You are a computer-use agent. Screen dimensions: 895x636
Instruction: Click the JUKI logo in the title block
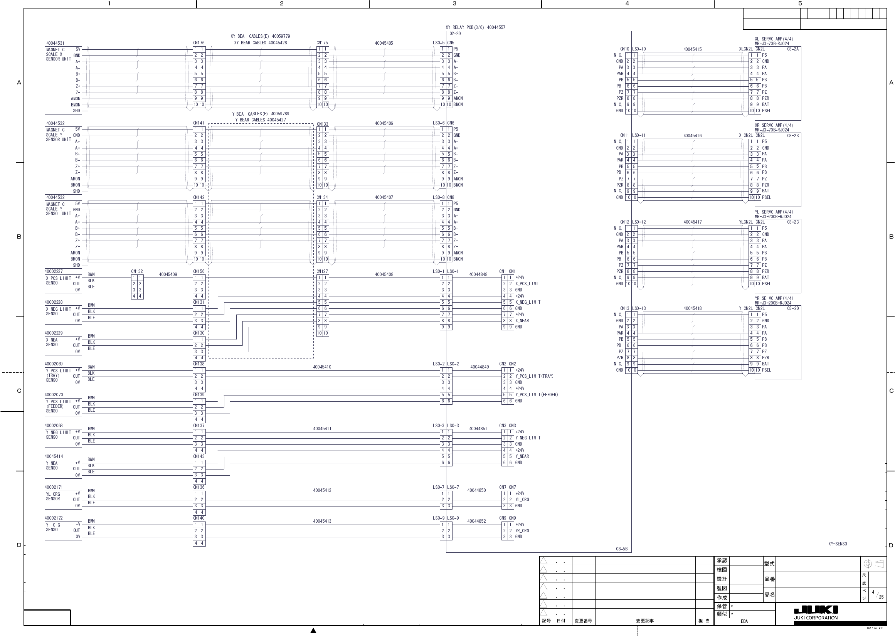coord(816,610)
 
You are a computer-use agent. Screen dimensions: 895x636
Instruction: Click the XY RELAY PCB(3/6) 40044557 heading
coord(475,27)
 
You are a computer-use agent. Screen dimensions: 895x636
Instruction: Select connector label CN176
coord(199,43)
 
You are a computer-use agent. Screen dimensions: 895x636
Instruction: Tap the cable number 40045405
coord(384,43)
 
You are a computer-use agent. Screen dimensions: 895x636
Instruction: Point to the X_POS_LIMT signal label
coord(527,284)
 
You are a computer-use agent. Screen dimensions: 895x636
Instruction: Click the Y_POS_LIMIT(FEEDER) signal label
coord(537,395)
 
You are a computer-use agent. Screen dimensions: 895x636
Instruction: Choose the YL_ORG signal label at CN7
coord(522,499)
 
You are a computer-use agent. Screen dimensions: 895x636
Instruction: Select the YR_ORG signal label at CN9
coord(522,531)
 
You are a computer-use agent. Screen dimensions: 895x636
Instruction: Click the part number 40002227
coord(54,271)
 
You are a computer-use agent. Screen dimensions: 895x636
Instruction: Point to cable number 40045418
coord(692,308)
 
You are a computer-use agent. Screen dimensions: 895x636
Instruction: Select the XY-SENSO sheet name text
coord(838,544)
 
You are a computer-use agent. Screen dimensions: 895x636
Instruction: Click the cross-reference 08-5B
coord(621,549)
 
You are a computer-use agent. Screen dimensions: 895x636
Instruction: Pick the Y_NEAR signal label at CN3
coord(522,456)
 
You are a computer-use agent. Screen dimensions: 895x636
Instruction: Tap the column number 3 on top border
coord(454,3)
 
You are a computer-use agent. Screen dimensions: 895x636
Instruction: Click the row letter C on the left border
coord(19,390)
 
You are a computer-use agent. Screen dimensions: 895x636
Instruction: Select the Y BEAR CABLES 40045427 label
coord(260,120)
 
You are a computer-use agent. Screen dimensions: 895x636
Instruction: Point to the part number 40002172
coord(54,518)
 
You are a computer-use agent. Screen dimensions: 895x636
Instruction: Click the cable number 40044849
coord(479,367)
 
